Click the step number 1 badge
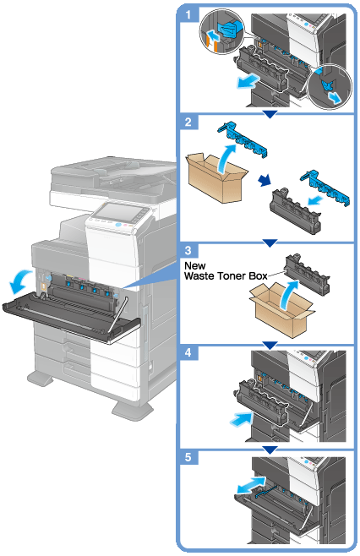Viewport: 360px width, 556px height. coord(188,14)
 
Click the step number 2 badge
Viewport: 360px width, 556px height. coord(188,122)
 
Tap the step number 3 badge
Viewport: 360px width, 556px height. coord(188,250)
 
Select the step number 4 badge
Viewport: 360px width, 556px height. coord(188,352)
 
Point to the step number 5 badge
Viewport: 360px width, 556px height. coord(188,457)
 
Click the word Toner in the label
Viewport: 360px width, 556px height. coord(232,275)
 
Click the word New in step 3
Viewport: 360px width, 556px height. coord(194,265)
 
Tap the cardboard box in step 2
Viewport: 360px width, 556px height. coord(216,177)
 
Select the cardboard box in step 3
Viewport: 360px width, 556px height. coord(281,309)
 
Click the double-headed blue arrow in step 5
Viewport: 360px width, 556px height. coord(250,485)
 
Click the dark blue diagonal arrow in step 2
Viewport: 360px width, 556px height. coord(265,181)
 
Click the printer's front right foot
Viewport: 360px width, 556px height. coord(133,410)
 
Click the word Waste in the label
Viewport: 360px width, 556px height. coord(199,275)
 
